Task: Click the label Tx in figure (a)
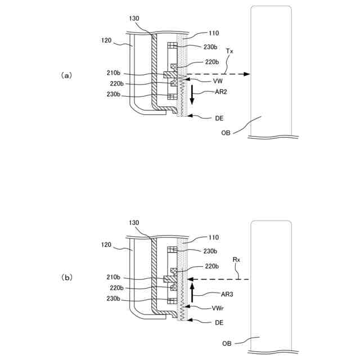point(229,51)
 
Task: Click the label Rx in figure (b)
point(236,260)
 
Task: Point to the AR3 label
point(210,293)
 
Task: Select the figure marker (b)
point(67,277)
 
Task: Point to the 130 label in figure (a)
point(134,19)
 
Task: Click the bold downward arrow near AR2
point(192,96)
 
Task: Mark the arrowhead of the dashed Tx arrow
point(247,74)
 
